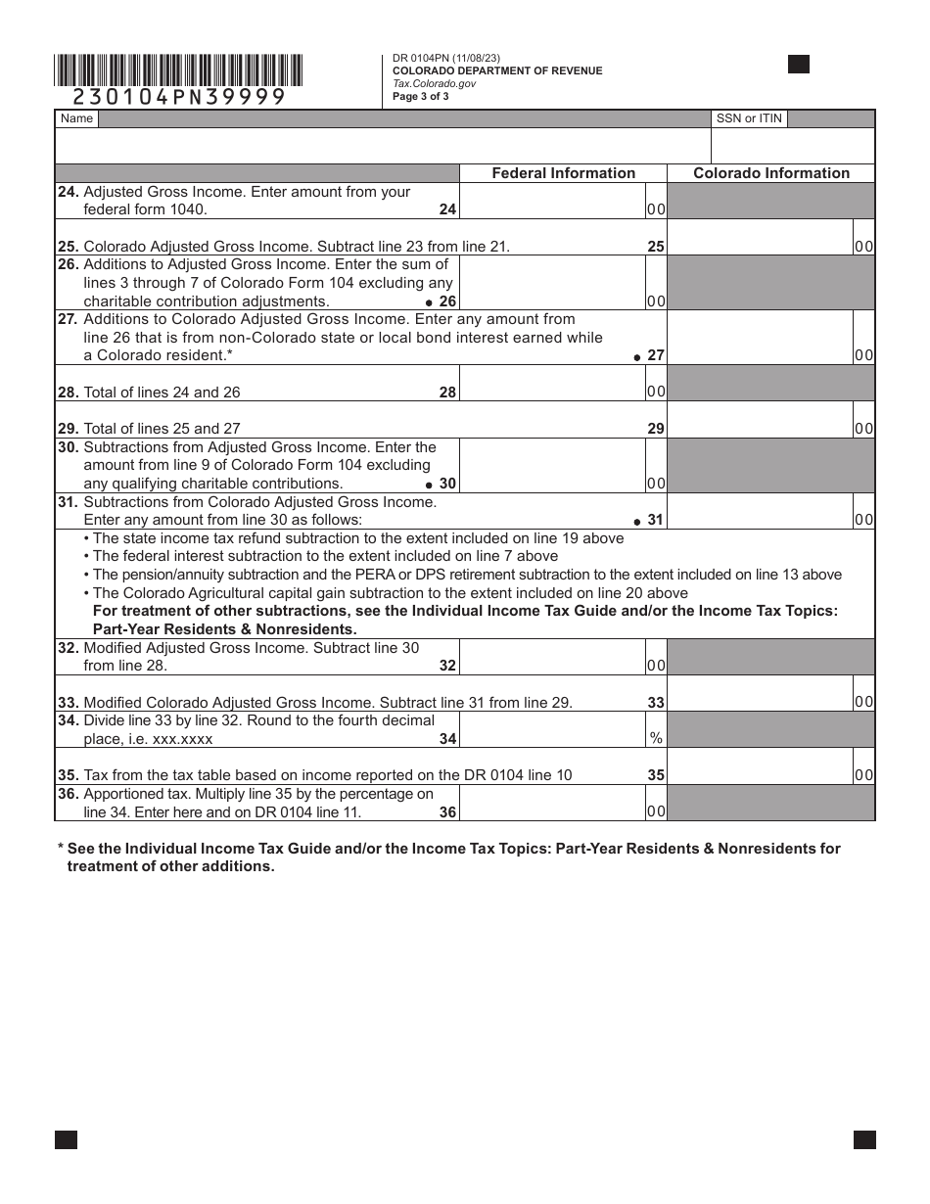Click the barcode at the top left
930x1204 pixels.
(x=178, y=70)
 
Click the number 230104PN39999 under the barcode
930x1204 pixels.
(x=179, y=97)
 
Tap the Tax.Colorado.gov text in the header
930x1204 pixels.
(x=435, y=84)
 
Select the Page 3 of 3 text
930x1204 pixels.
(x=421, y=97)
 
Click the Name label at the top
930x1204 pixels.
(x=76, y=118)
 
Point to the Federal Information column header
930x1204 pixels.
(x=563, y=173)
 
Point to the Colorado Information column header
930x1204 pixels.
(x=771, y=173)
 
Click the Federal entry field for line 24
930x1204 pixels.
(x=551, y=201)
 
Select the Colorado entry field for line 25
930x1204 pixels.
(x=760, y=238)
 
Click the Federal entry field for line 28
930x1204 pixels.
(x=551, y=384)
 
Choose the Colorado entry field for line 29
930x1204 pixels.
(x=760, y=420)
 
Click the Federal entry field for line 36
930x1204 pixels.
(x=551, y=803)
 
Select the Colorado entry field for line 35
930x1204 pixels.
(x=760, y=766)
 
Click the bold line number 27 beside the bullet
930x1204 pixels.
(x=656, y=355)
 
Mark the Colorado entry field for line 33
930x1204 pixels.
(x=760, y=693)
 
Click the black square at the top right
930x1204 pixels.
(x=799, y=65)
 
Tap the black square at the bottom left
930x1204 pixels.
(x=66, y=1139)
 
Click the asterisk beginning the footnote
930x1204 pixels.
(x=61, y=849)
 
